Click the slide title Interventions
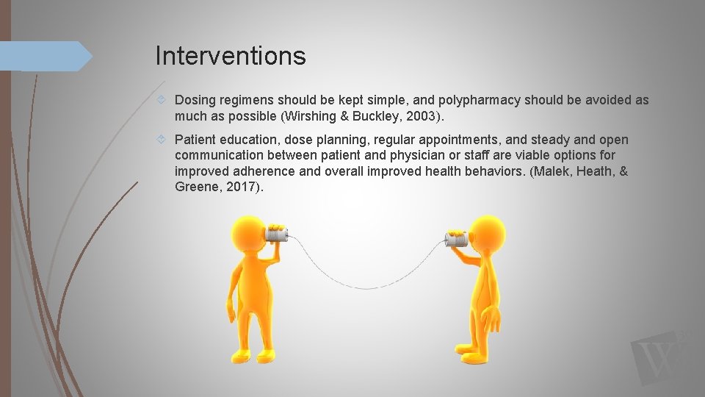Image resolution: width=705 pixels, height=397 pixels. (231, 56)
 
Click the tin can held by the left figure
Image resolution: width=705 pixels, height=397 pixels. (278, 235)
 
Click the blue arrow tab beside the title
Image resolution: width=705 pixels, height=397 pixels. (44, 56)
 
